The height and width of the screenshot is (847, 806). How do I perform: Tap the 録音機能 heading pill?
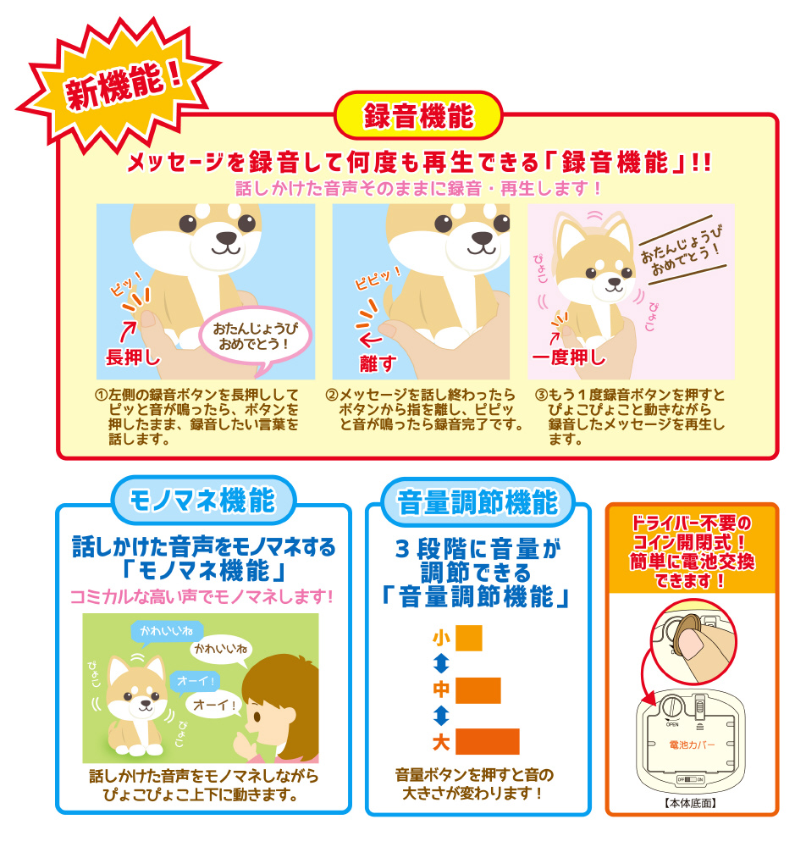(x=418, y=115)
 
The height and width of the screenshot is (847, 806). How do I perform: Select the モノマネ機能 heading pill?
(x=203, y=500)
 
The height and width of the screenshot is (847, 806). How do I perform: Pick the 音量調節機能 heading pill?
(x=478, y=502)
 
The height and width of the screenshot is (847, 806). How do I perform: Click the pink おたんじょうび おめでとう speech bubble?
(x=256, y=338)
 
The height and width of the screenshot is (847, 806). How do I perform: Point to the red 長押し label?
(x=133, y=357)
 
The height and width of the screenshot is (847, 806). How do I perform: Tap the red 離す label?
(x=378, y=363)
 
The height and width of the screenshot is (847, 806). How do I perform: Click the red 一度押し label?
(x=569, y=357)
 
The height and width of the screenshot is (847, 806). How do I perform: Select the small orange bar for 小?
(x=468, y=638)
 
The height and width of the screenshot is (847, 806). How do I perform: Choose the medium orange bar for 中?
(x=478, y=690)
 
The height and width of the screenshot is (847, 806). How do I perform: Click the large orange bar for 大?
(x=488, y=742)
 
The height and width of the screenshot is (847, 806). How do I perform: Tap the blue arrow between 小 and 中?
(x=441, y=664)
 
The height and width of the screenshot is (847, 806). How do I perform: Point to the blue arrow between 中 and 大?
(x=441, y=716)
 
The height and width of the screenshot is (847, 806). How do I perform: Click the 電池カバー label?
(x=692, y=745)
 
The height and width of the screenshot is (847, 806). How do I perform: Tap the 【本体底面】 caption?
(x=691, y=803)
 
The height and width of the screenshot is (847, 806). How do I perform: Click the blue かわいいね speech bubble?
(x=167, y=631)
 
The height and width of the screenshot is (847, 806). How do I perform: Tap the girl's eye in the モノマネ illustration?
(x=257, y=717)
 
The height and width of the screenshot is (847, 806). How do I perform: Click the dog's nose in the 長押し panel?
(x=226, y=238)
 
